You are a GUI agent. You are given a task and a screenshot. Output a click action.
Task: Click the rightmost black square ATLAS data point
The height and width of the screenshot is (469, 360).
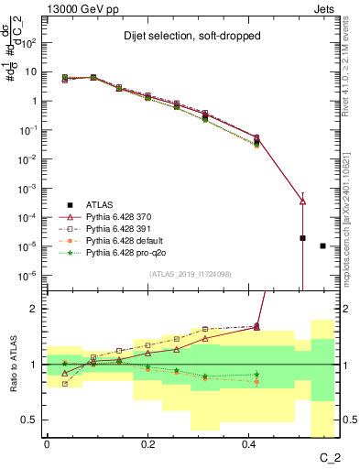pyautogui.click(x=322, y=245)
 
